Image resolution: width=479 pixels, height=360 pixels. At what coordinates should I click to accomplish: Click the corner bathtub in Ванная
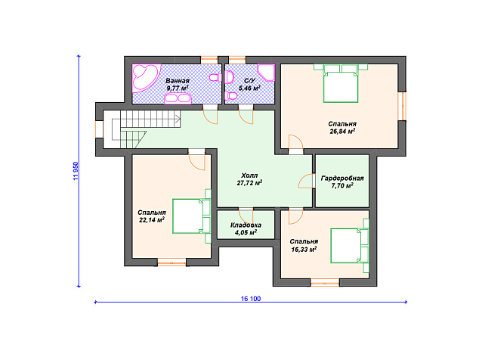tap(145, 77)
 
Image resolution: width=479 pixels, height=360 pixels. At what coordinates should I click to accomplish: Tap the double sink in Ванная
tap(178, 98)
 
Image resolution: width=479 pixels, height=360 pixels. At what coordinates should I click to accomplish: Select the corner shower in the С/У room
tap(266, 72)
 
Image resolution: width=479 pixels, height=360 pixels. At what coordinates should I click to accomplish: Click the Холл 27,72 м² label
tap(249, 179)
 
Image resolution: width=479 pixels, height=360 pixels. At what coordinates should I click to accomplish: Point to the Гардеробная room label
tap(342, 178)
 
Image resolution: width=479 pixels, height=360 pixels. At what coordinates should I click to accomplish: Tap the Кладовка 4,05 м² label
tap(246, 229)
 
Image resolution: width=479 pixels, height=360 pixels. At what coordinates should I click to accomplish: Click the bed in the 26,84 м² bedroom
tap(341, 83)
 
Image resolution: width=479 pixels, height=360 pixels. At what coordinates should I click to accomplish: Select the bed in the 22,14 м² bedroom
tap(192, 216)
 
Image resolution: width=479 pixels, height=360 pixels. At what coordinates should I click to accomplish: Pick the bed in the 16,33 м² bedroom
tap(350, 245)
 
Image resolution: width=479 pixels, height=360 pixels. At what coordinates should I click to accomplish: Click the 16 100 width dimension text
tap(251, 299)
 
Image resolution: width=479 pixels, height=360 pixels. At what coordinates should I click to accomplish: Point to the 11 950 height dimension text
tap(76, 171)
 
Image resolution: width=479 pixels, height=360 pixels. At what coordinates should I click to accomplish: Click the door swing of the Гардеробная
tap(306, 181)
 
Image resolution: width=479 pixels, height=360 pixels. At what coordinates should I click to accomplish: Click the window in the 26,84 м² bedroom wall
tap(403, 106)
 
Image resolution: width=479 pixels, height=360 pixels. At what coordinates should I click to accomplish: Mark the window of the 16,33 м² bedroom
tap(325, 282)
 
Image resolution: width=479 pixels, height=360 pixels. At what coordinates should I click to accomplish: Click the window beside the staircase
tap(99, 129)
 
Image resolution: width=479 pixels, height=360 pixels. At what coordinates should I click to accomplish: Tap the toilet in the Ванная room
tap(215, 77)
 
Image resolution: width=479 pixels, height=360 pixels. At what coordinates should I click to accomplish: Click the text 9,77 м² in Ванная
tap(178, 88)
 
